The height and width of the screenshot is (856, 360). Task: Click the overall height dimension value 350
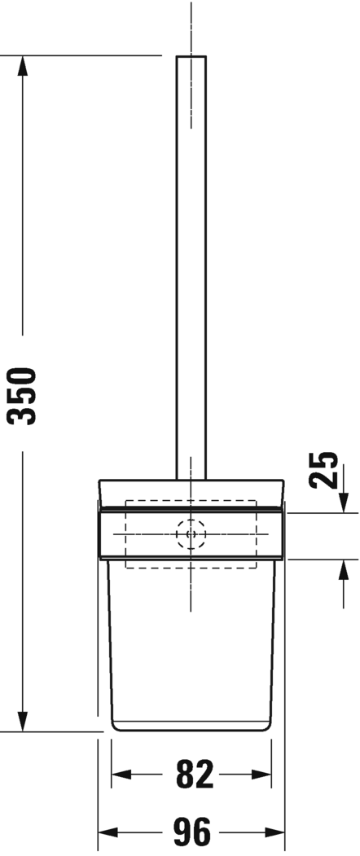pyautogui.click(x=23, y=396)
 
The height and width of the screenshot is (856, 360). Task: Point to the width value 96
pyautogui.click(x=192, y=832)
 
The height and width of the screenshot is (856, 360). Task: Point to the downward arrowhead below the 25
pyautogui.click(x=340, y=504)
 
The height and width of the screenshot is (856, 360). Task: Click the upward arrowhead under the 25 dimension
pyautogui.click(x=340, y=568)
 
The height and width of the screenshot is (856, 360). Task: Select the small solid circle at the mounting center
pyautogui.click(x=191, y=535)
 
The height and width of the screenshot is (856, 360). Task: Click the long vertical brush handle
pyautogui.click(x=191, y=269)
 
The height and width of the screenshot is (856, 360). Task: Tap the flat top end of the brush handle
pyautogui.click(x=191, y=56)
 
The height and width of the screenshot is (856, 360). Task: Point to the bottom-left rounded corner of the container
pyautogui.click(x=115, y=726)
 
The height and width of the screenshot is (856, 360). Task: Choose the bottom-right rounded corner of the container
pyautogui.click(x=269, y=726)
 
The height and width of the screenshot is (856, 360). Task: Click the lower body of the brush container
pyautogui.click(x=191, y=652)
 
